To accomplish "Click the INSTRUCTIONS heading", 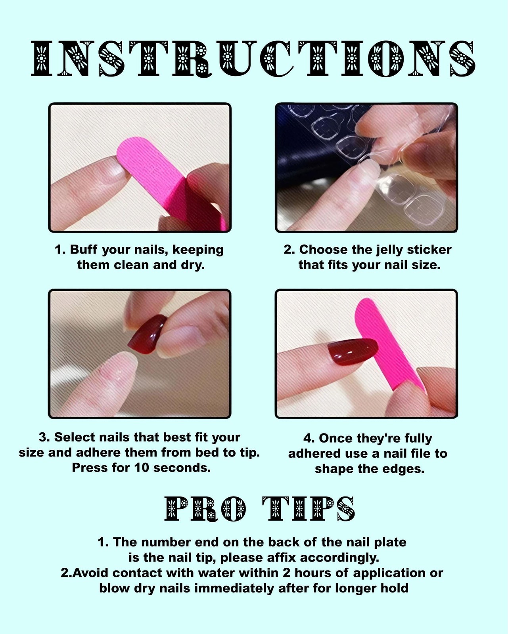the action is [x=253, y=58].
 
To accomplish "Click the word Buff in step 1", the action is [x=83, y=250].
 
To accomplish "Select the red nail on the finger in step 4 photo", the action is [x=352, y=351].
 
